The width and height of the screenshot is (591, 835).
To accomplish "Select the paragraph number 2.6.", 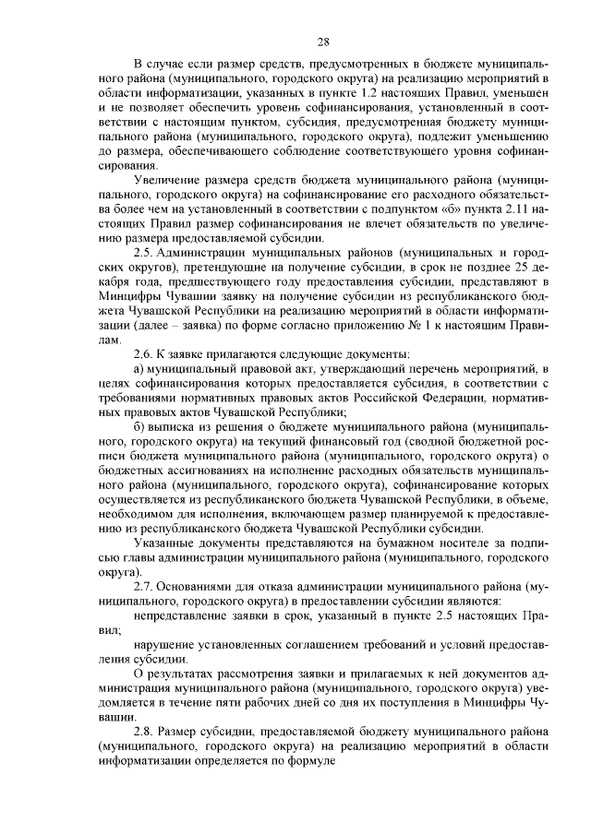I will pyautogui.click(x=145, y=354).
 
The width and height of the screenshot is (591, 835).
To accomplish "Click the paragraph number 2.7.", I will pyautogui.click(x=145, y=586).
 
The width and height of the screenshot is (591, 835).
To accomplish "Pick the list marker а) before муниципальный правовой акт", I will pyautogui.click(x=139, y=370).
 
